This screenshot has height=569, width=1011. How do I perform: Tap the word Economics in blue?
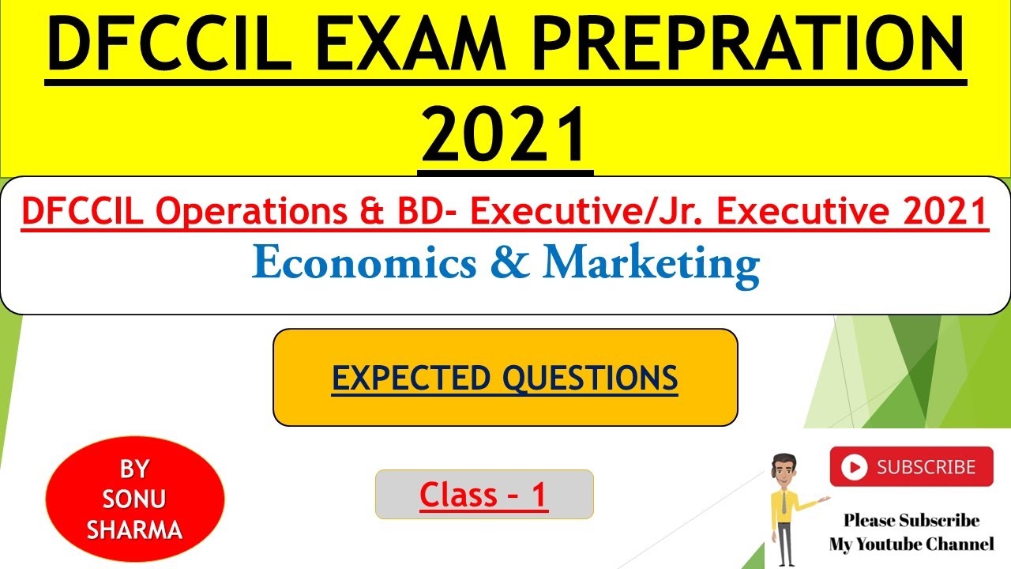tap(364, 263)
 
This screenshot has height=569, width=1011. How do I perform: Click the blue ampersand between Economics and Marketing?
tap(509, 263)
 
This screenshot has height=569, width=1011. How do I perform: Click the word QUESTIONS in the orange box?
tap(591, 378)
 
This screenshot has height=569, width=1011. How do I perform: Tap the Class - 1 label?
tap(483, 495)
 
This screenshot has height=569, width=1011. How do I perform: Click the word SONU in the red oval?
tap(134, 499)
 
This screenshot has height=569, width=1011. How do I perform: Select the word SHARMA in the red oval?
tap(134, 529)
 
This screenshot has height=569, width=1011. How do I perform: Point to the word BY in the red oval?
tap(134, 469)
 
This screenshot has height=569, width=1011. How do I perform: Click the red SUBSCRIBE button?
tap(911, 467)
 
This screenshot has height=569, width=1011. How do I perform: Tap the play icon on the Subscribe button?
tap(853, 468)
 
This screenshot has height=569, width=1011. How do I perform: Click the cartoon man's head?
tap(783, 468)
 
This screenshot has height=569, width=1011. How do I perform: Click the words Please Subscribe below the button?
tap(911, 520)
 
